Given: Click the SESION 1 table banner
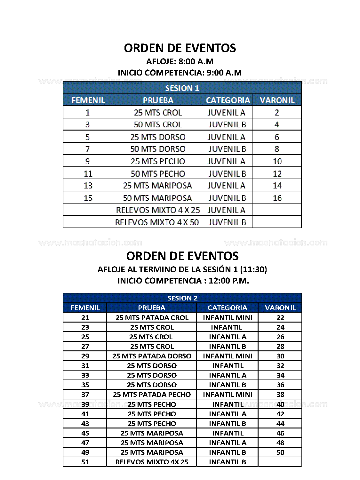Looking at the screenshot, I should point(182,88).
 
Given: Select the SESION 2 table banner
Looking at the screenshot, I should point(182,298).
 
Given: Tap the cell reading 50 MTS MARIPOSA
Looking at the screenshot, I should point(157,198).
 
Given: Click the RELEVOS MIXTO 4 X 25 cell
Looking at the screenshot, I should point(158,210).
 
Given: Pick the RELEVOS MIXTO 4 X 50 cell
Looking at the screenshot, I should point(157,222).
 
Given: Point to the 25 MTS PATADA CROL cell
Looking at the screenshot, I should point(152,317).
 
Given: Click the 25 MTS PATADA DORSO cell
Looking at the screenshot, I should point(152,356).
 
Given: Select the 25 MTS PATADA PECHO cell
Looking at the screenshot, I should point(152,394).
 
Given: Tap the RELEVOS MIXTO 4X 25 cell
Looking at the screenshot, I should point(152,462).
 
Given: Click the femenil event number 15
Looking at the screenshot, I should point(88,198).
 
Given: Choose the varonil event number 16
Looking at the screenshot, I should point(277,198).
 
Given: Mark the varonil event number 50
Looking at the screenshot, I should point(280,452).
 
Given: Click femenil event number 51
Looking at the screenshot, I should point(85,462).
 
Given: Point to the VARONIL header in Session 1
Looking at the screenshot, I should point(277,100).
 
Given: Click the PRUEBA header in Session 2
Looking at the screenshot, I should point(152,308).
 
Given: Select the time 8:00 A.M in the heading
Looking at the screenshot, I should point(196,61).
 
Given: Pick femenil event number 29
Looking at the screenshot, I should point(85,356).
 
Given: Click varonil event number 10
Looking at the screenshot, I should point(277,161).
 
